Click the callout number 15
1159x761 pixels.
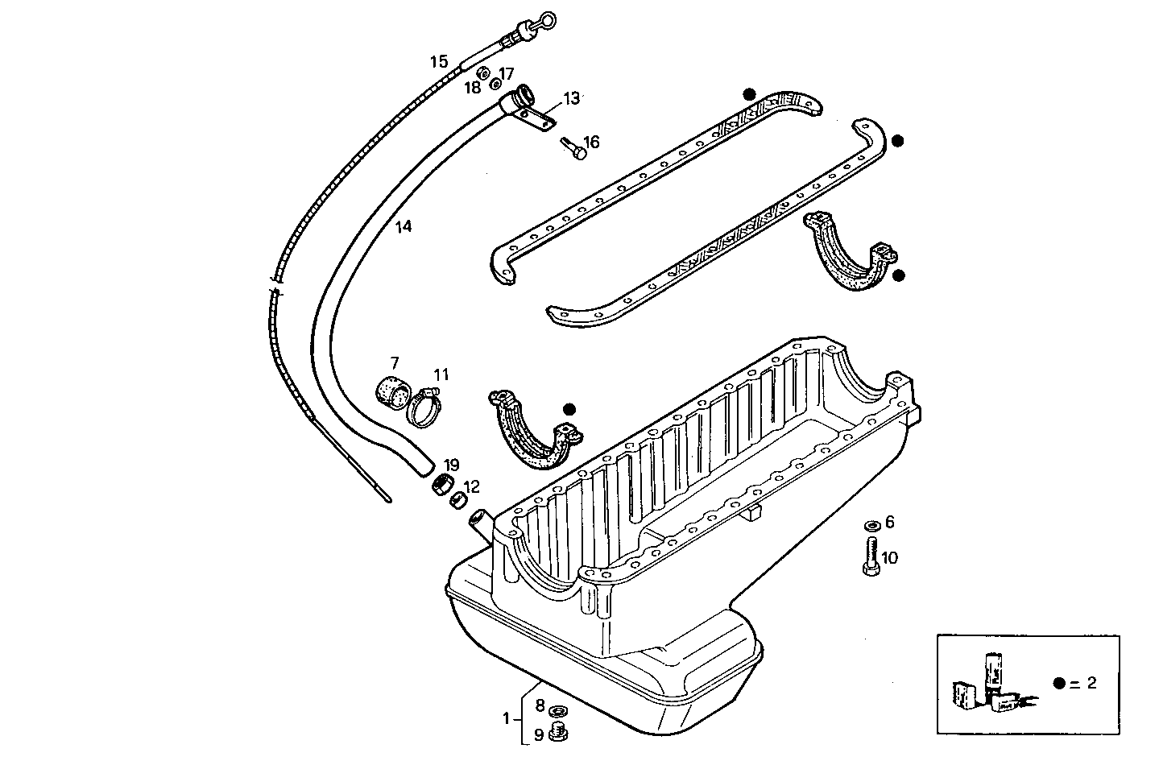click(438, 61)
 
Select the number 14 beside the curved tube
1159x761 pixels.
click(403, 227)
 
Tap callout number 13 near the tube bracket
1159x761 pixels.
click(571, 98)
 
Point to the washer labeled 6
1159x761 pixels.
click(871, 526)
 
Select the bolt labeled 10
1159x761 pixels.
click(870, 557)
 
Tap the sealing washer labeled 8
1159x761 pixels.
click(557, 711)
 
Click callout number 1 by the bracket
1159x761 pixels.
click(506, 718)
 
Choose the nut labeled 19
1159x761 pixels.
click(441, 486)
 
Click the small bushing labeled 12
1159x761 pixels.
click(457, 501)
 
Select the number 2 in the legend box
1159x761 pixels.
click(1091, 683)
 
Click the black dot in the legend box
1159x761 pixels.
click(1059, 683)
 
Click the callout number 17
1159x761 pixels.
click(506, 72)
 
